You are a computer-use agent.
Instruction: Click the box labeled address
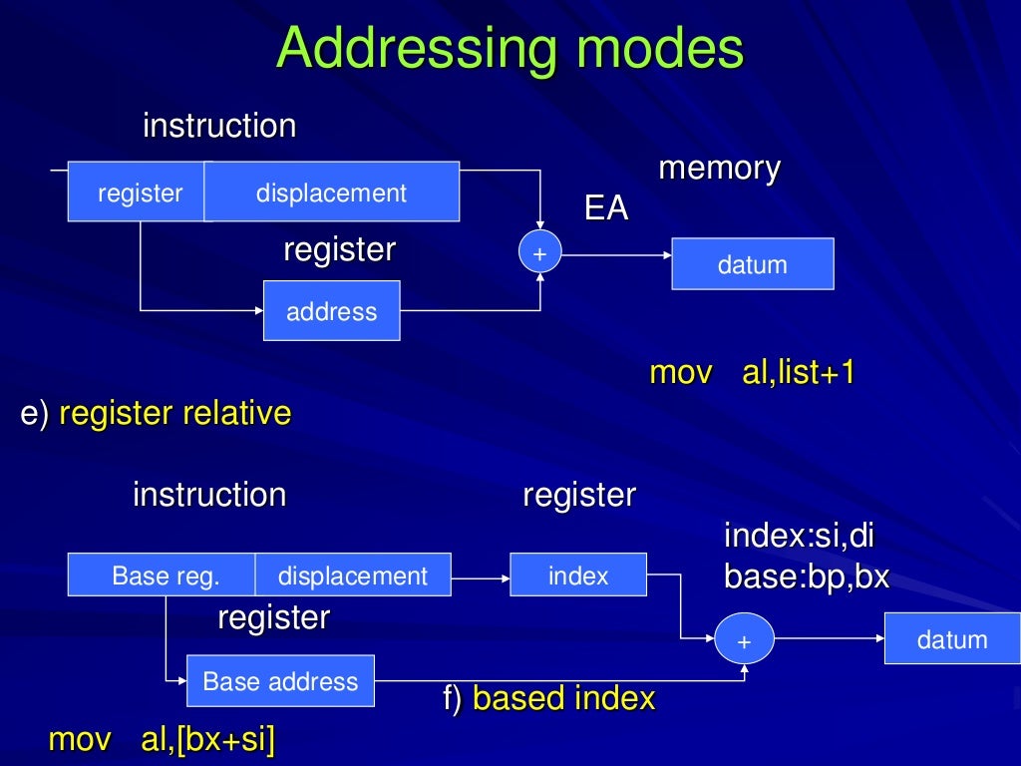(x=331, y=311)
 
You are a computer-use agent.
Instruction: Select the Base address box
(x=280, y=681)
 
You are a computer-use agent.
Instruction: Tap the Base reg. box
(x=162, y=575)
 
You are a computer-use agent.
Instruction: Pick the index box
(x=577, y=575)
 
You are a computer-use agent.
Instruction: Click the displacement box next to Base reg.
(x=352, y=575)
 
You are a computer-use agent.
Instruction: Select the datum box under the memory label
(x=752, y=264)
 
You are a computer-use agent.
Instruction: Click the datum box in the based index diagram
(x=951, y=639)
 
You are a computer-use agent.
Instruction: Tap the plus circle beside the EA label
(x=540, y=254)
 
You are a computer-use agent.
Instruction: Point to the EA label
(x=606, y=209)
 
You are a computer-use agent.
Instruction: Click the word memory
(x=719, y=169)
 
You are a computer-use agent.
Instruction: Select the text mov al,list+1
(x=752, y=373)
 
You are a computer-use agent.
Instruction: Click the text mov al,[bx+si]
(x=163, y=739)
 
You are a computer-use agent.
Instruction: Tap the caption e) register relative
(x=156, y=413)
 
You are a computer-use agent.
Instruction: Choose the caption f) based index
(x=548, y=698)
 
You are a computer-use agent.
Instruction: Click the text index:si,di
(x=799, y=536)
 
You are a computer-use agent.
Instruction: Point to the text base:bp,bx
(x=806, y=577)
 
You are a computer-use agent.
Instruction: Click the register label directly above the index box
(x=578, y=495)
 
